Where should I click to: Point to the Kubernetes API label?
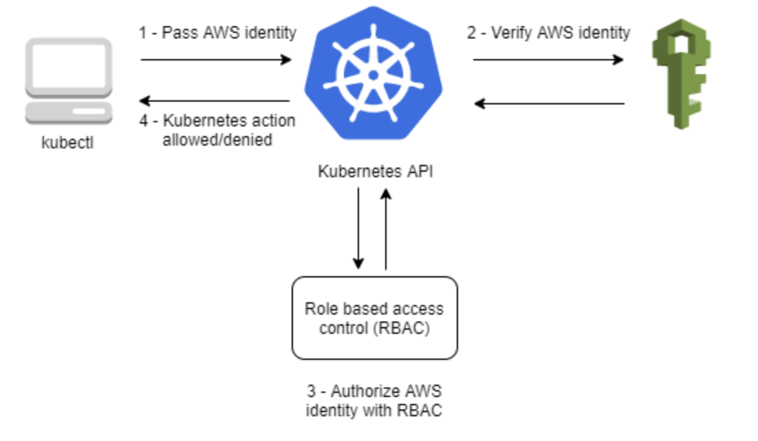coord(375,172)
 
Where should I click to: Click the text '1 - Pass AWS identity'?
coord(217,32)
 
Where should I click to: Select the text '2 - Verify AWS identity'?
coord(548,32)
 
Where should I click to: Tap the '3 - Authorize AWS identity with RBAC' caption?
coord(374,401)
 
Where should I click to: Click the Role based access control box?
coord(374,318)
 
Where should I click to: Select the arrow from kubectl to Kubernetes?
coord(216,60)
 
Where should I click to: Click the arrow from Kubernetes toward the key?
coord(548,60)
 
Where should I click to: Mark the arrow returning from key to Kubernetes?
coord(548,104)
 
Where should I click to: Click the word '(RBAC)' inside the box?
coord(402,328)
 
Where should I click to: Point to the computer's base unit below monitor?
coord(69,112)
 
